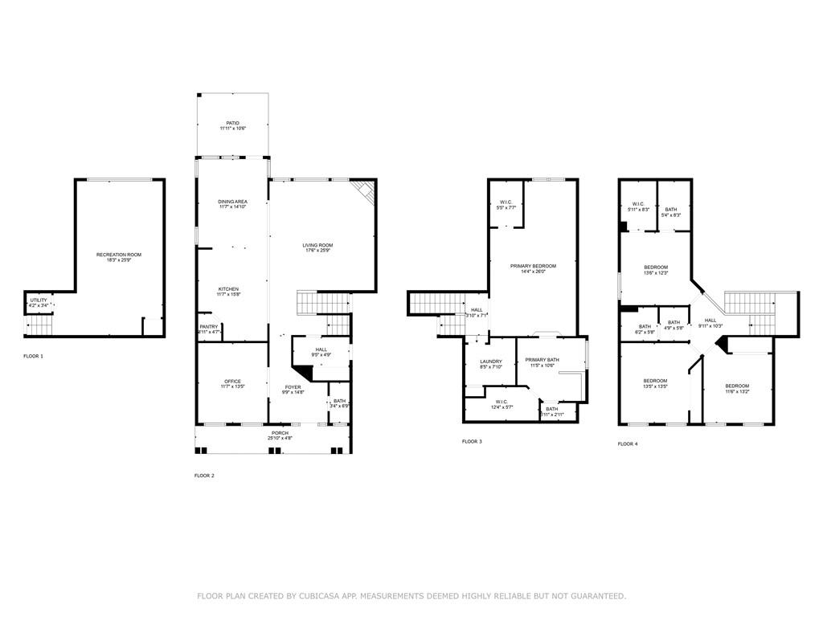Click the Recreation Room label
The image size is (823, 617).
(119, 255)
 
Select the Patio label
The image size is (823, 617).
(232, 124)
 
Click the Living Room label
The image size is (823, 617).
(317, 246)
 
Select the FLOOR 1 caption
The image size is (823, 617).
(34, 355)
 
